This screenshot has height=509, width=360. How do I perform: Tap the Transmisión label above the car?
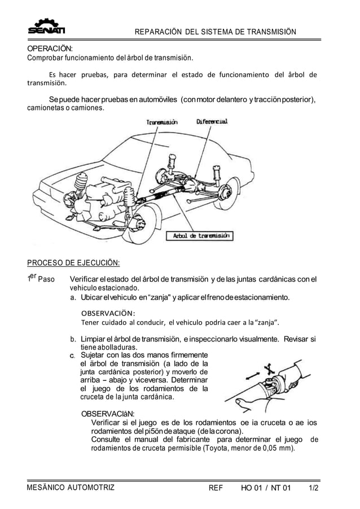point(162,122)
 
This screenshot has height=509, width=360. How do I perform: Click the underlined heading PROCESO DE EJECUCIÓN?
point(74,262)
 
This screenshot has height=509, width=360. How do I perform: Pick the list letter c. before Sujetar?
point(73,356)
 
